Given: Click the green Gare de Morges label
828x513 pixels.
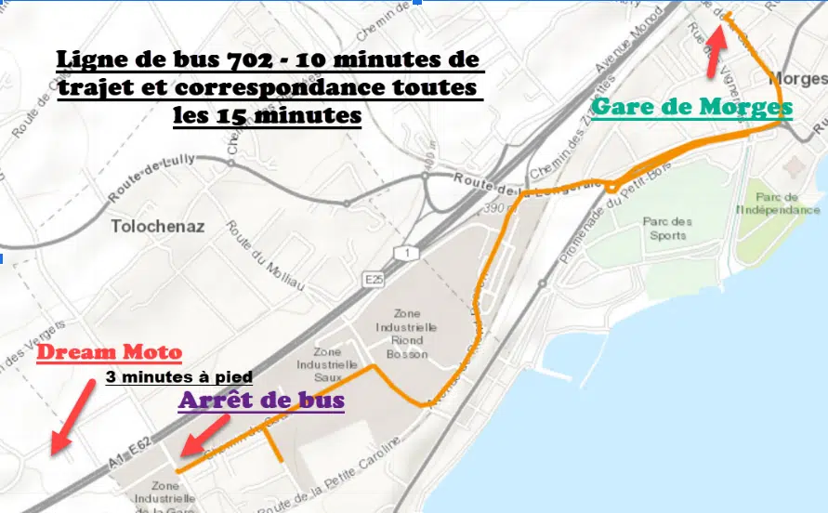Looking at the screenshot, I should (691, 108).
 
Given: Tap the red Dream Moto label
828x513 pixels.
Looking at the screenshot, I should (110, 353).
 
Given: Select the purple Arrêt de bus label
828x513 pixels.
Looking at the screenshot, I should (261, 401).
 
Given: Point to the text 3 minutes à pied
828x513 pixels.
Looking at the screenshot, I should (179, 378).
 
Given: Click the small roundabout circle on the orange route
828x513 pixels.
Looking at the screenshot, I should (613, 189).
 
